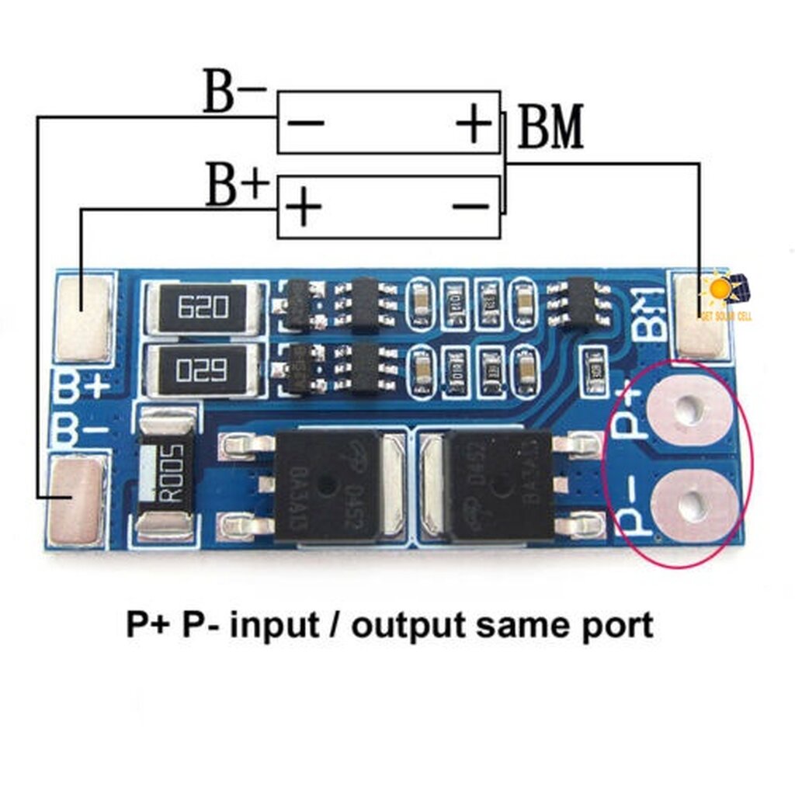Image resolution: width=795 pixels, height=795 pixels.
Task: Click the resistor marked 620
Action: pos(203,307)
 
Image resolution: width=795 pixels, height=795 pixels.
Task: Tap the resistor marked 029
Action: pos(203,370)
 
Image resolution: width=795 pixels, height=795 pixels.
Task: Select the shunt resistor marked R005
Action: pos(166,474)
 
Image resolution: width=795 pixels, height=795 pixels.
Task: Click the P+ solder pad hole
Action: pos(688,411)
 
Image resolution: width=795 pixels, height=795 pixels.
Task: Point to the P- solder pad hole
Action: pos(688,505)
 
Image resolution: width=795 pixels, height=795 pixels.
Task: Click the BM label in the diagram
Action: pos(550,129)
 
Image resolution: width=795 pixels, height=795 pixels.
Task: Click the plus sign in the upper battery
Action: pos(474,123)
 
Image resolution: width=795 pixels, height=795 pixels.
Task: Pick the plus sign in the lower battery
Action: pos(305,208)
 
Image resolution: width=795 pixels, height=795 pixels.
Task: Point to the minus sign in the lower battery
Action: pos(470,207)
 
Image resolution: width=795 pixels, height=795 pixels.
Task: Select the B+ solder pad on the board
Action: pos(83,317)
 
